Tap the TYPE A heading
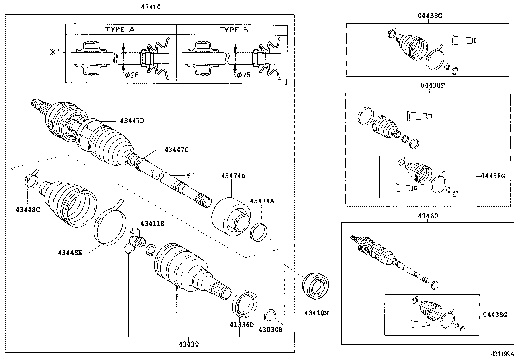click(x=120, y=29)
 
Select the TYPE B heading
click(x=233, y=30)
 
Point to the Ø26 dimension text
click(x=132, y=75)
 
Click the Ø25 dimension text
click(x=243, y=75)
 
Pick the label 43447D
click(x=132, y=121)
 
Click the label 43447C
click(x=176, y=150)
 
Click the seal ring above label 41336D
click(x=245, y=305)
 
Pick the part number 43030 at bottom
click(x=189, y=344)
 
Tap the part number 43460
click(x=427, y=216)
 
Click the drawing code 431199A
click(x=502, y=354)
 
